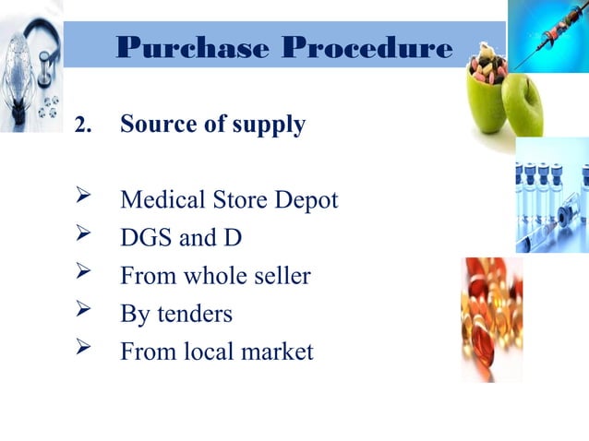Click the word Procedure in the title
368,47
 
